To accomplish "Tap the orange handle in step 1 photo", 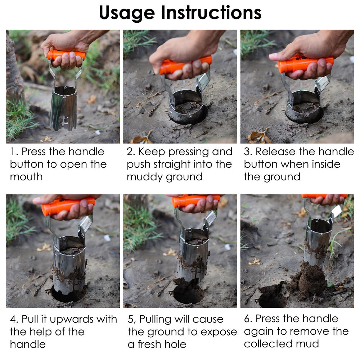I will point(67,55).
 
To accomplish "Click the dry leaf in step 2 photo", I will point(140,139).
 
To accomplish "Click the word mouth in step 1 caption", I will point(26,177).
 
